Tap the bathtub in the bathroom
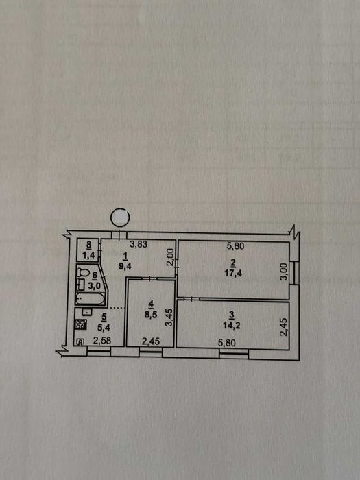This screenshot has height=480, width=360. pyautogui.click(x=90, y=299)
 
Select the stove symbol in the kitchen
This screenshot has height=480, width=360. pyautogui.click(x=81, y=324)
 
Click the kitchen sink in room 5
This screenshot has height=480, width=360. pyautogui.click(x=87, y=311)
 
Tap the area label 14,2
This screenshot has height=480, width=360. pyautogui.click(x=231, y=325)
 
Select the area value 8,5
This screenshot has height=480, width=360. pyautogui.click(x=150, y=315)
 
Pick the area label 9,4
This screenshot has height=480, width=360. pyautogui.click(x=125, y=265)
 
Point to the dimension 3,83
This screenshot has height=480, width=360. pyautogui.click(x=139, y=244)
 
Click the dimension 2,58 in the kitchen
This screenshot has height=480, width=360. pyautogui.click(x=102, y=341)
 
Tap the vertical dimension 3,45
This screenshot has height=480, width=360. pyautogui.click(x=170, y=317)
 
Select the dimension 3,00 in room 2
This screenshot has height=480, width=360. pyautogui.click(x=284, y=272)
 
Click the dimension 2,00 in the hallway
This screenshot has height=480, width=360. pyautogui.click(x=171, y=256)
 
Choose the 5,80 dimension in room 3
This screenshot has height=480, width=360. pyautogui.click(x=227, y=343)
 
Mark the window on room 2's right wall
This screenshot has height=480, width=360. pyautogui.click(x=294, y=272)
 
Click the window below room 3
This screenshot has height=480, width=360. pyautogui.click(x=235, y=354)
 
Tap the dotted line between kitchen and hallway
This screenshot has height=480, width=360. pyautogui.click(x=116, y=307)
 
